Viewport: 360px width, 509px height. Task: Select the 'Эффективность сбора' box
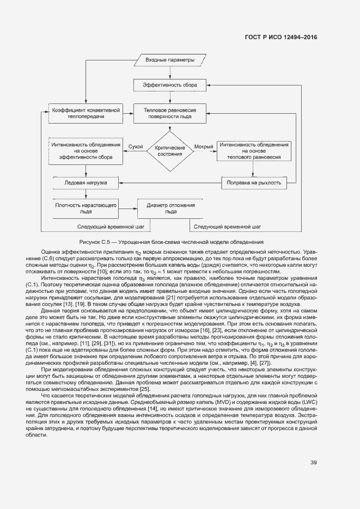tap(170, 85)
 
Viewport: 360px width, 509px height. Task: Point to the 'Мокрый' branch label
tap(204, 147)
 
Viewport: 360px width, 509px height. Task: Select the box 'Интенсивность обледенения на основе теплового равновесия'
tap(254, 151)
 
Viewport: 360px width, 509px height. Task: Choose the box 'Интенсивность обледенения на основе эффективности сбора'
tap(86, 151)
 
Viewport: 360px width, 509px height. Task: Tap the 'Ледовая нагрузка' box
tap(86, 182)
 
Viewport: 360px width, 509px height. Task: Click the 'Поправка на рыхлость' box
tap(254, 183)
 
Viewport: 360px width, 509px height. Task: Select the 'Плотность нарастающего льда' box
tap(86, 208)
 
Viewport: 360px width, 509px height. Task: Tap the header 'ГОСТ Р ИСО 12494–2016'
tap(282, 37)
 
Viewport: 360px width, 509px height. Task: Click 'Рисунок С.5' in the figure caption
tap(95, 241)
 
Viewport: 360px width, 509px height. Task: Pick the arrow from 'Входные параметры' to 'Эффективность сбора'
tap(170, 72)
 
